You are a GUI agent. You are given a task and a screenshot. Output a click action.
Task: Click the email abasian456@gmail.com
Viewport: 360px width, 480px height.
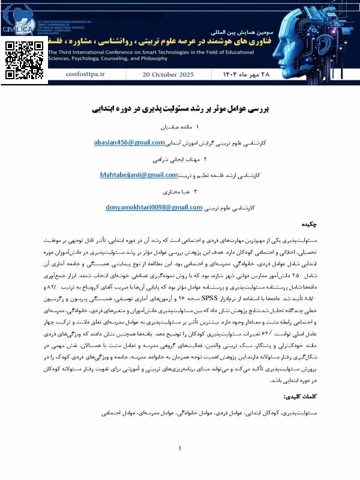click(x=129, y=142)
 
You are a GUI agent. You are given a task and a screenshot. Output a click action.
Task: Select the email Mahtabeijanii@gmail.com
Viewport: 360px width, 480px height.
click(x=139, y=175)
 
